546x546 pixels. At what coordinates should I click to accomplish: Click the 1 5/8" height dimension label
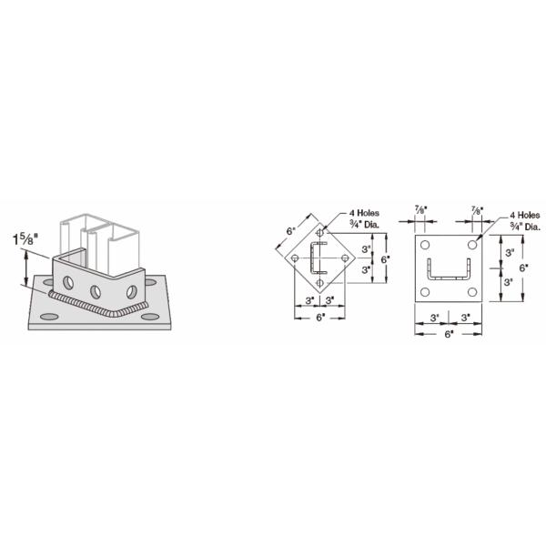[x=25, y=239]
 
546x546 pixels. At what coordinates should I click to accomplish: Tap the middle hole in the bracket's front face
[x=96, y=292]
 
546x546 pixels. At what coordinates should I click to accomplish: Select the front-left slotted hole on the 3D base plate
[x=49, y=317]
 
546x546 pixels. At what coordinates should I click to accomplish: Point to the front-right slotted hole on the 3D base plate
[x=150, y=317]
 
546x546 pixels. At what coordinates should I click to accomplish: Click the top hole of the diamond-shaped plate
[x=319, y=233]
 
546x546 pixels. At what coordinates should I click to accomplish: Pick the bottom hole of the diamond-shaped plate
[x=319, y=283]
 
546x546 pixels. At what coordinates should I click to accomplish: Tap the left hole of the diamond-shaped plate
[x=295, y=258]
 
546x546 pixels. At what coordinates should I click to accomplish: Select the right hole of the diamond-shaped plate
[x=345, y=258]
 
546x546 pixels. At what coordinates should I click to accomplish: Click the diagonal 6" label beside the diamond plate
[x=291, y=231]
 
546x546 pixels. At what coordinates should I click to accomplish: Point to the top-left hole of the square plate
[x=424, y=245]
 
